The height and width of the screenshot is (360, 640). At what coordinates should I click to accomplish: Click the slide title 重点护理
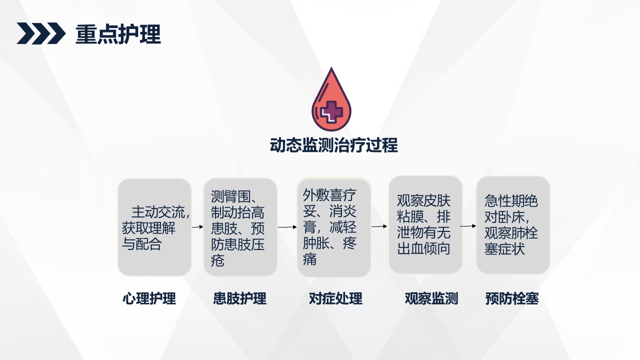point(118,34)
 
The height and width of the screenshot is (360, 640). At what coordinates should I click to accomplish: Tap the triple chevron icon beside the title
point(41,34)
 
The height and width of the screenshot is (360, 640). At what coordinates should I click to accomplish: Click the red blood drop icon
point(331,100)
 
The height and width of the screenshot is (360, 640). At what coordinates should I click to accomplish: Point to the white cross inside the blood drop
point(331,110)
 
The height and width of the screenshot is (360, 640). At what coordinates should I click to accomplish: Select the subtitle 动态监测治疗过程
point(333,145)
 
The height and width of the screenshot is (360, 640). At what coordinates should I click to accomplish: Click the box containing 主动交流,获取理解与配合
point(154,227)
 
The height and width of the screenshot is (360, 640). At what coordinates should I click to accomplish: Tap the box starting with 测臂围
point(240,227)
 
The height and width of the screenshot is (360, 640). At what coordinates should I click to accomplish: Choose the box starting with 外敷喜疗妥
point(333,227)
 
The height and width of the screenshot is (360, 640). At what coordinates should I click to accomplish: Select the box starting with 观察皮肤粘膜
point(425,225)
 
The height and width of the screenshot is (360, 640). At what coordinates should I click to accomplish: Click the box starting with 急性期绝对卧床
point(512,225)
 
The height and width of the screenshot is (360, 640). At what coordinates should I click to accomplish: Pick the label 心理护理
point(149,299)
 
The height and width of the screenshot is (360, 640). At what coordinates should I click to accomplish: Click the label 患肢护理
point(239,299)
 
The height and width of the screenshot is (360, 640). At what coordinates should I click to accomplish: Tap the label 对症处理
point(335,299)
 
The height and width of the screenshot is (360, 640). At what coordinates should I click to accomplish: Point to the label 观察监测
point(431,299)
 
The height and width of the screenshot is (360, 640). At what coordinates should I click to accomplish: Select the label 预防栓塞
point(511,299)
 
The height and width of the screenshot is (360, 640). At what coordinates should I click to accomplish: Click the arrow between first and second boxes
point(197,227)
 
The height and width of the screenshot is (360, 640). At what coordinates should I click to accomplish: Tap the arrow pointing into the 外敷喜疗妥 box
point(287,227)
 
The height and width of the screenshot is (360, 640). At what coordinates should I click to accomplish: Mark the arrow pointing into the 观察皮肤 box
point(379,226)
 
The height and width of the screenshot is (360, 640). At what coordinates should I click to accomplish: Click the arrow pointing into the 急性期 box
point(468,226)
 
